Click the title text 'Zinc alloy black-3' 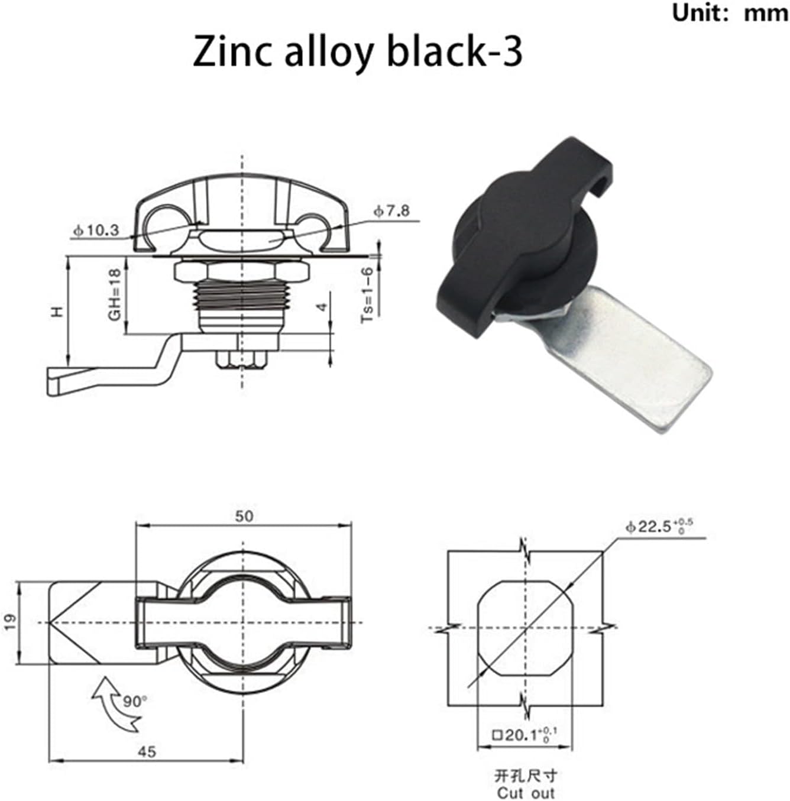click(x=357, y=53)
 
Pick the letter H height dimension click(x=57, y=311)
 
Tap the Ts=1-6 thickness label click(x=368, y=294)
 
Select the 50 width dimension click(x=244, y=516)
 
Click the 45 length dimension click(x=147, y=751)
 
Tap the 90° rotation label click(x=134, y=702)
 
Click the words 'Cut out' click(x=526, y=793)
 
